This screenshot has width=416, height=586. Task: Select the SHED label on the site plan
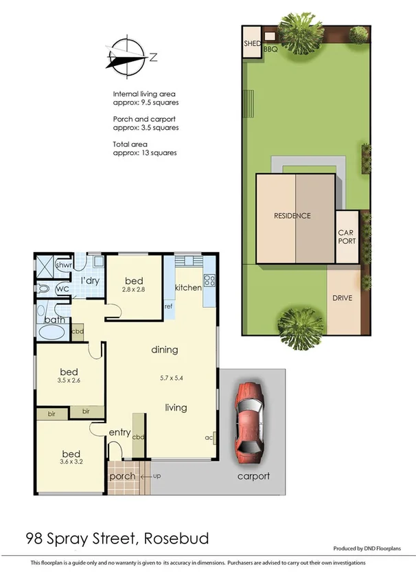click(x=251, y=44)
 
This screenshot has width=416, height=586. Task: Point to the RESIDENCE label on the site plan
click(x=292, y=216)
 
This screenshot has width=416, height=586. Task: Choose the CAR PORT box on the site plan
click(x=346, y=237)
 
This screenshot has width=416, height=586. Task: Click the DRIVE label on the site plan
click(x=343, y=298)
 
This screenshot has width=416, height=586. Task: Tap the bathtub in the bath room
click(x=51, y=334)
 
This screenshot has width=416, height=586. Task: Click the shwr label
click(x=64, y=265)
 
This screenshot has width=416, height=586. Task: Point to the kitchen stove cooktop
click(x=209, y=280)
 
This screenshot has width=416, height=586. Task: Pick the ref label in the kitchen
click(x=167, y=306)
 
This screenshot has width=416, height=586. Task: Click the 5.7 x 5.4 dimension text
click(x=164, y=377)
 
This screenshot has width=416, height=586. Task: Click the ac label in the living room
click(x=207, y=436)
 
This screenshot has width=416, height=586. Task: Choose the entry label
click(x=119, y=432)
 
